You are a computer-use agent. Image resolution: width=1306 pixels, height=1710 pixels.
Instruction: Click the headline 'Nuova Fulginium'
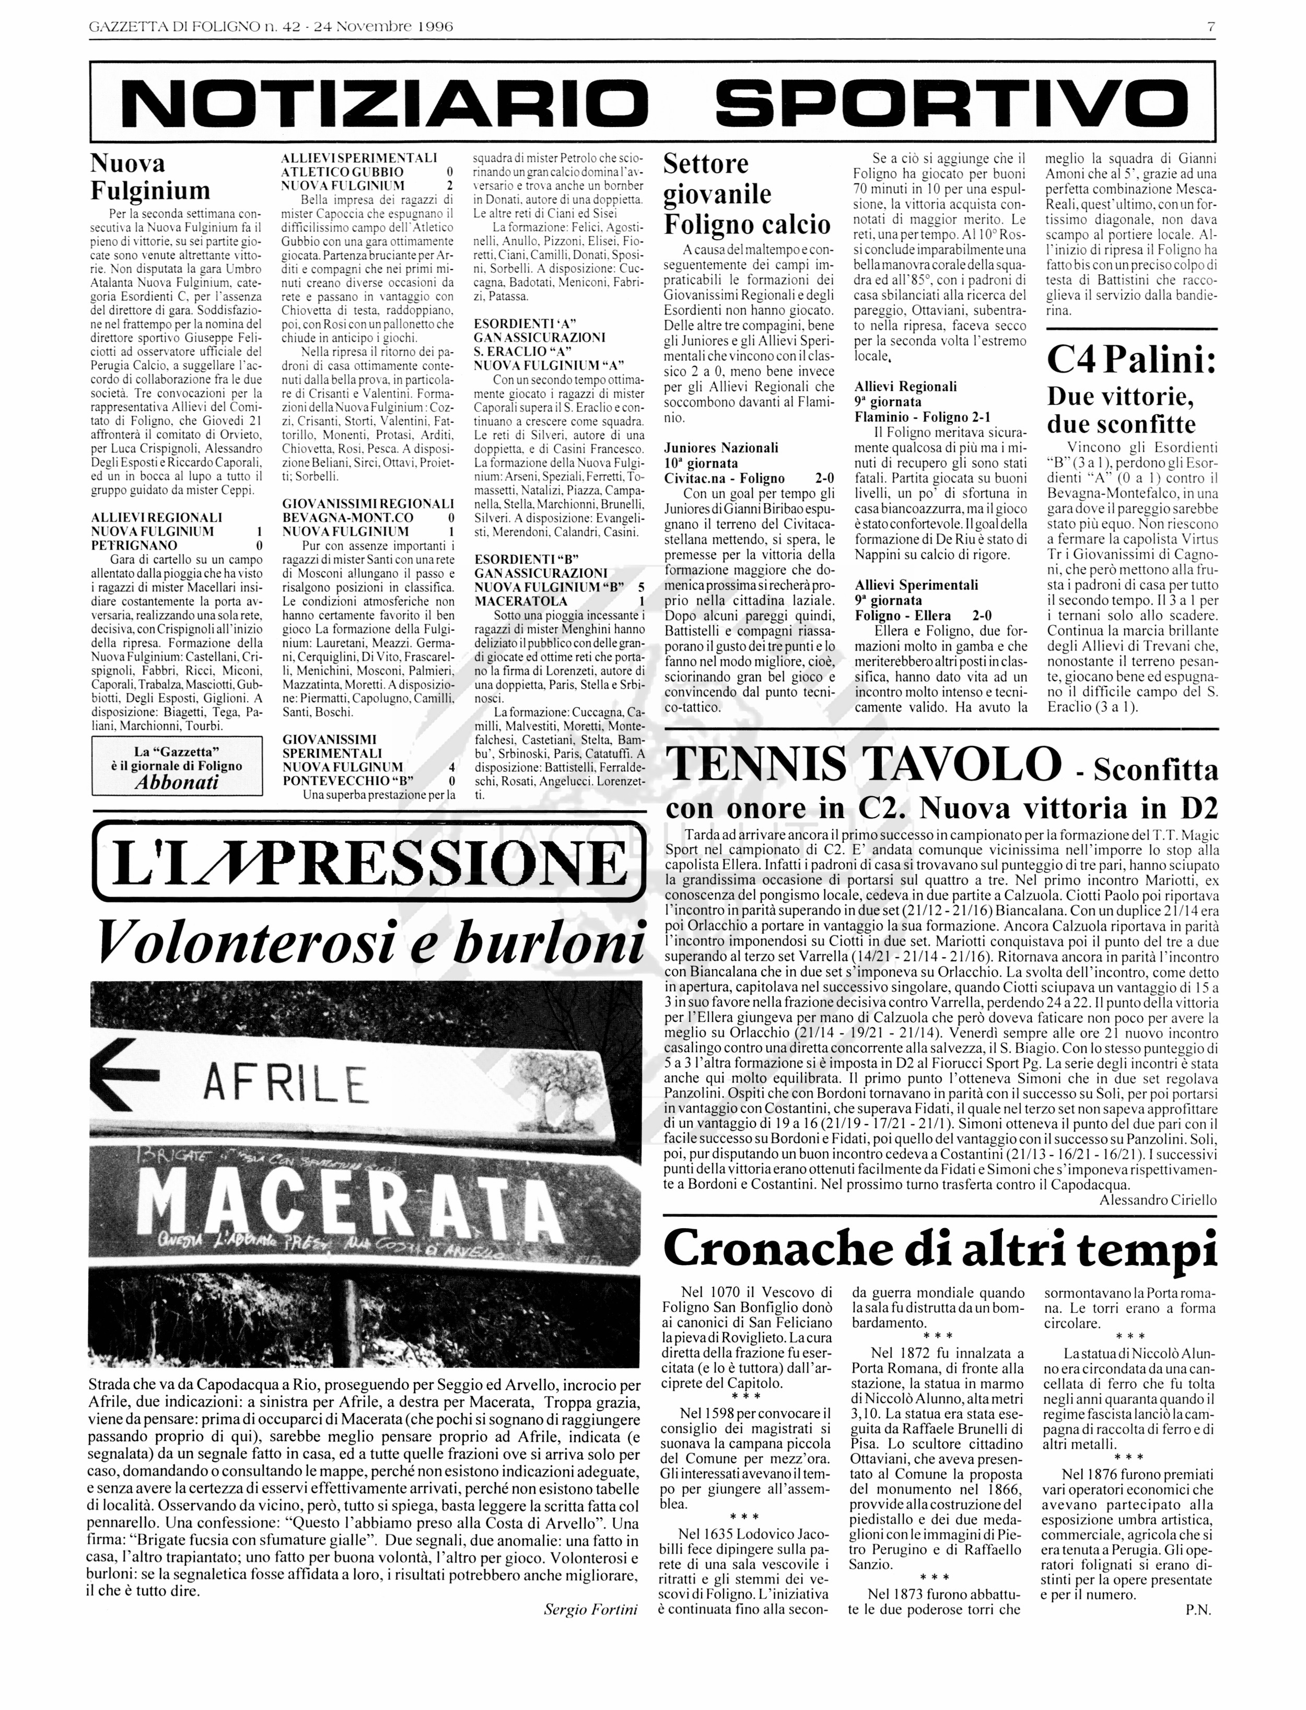click(x=150, y=177)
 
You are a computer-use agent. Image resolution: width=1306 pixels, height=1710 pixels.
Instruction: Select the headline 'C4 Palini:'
click(x=1131, y=360)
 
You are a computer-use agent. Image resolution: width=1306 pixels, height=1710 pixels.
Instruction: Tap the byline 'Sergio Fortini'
click(x=590, y=1610)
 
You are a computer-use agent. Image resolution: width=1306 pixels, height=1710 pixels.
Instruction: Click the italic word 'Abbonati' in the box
click(x=177, y=782)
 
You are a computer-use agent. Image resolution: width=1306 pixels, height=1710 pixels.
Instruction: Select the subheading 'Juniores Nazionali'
click(x=720, y=448)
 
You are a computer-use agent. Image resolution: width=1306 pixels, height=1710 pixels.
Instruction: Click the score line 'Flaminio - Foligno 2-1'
click(x=922, y=417)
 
